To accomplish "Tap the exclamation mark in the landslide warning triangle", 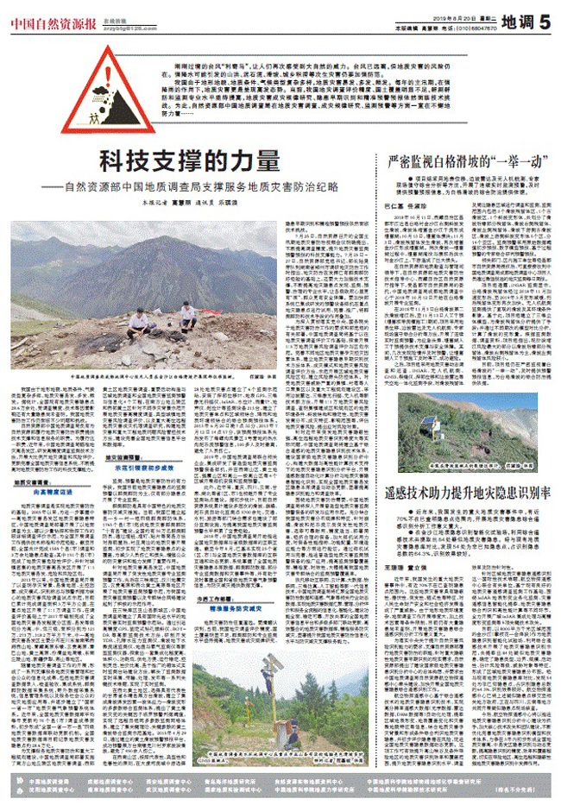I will (108, 77).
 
